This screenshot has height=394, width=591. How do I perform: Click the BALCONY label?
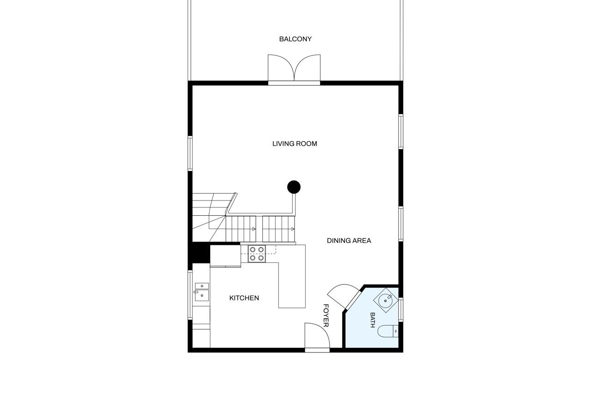click(x=295, y=39)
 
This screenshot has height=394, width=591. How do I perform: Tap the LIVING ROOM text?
click(x=295, y=144)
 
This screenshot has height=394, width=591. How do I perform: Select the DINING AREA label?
click(x=349, y=241)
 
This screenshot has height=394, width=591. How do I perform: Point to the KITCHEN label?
click(x=244, y=298)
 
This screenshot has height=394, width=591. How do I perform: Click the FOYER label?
click(x=326, y=315)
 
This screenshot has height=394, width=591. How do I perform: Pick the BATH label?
click(x=373, y=320)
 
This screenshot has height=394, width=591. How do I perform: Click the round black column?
click(x=294, y=187)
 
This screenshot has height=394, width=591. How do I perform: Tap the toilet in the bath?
click(x=388, y=332)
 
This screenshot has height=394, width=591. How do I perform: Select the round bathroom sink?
click(x=386, y=300)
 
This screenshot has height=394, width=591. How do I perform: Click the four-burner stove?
click(x=257, y=254)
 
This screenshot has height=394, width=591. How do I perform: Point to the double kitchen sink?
click(x=202, y=292)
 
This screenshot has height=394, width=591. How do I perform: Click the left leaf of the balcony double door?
click(x=281, y=67)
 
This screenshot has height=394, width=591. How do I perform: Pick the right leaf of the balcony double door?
click(x=308, y=67)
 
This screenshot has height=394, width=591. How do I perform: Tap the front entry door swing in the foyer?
click(x=317, y=335)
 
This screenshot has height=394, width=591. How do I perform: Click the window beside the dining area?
click(x=401, y=224)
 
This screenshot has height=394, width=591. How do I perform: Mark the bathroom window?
click(x=401, y=309)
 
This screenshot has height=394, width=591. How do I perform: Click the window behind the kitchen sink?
click(x=190, y=295)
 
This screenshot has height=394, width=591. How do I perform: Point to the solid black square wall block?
click(x=199, y=253)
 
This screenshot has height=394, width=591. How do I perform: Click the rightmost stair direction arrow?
click(x=293, y=229)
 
